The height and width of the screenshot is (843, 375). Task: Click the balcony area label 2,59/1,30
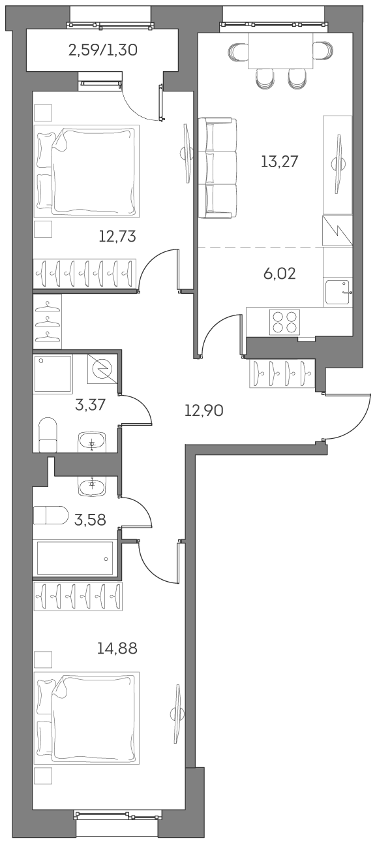coord(102,50)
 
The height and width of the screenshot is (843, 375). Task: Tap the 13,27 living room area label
coord(279,161)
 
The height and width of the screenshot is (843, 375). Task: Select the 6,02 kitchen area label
coord(279,274)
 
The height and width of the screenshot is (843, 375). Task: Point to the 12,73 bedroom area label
coord(117,236)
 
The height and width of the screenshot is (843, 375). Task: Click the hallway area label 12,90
coord(204,411)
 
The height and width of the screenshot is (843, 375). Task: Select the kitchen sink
coord(337,293)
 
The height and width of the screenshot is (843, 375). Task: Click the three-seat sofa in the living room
coord(217,167)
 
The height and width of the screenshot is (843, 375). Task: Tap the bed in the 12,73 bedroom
coord(87,171)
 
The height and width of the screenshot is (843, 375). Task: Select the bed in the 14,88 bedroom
coord(87,718)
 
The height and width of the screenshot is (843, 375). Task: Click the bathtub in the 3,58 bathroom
coord(75,558)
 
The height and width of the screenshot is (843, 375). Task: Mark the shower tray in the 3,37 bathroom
coord(53,374)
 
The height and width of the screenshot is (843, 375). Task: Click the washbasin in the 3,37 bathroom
coord(92,443)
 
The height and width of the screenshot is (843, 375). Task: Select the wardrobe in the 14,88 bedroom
coord(78,596)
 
